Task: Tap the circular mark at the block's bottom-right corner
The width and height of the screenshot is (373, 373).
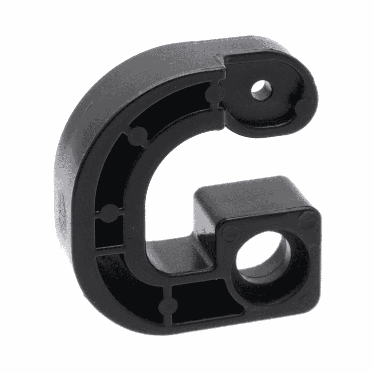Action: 308,299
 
